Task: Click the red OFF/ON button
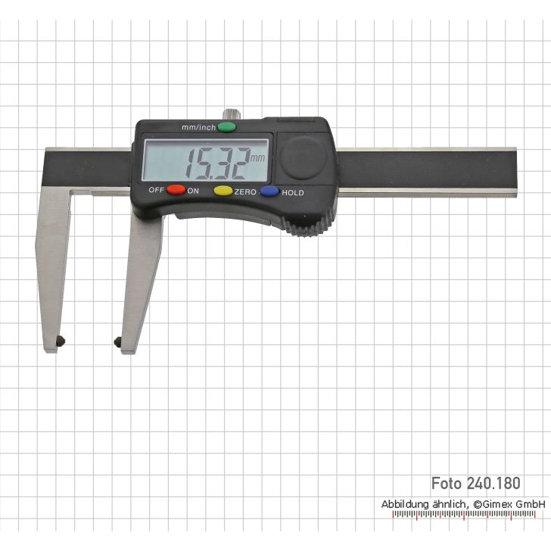tap(176, 190)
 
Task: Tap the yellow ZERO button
tap(223, 191)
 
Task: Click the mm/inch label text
tap(198, 127)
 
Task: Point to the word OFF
tap(157, 190)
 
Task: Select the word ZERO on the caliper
tap(245, 192)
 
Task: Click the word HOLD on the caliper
tap(293, 192)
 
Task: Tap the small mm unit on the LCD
tap(257, 158)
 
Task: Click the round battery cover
tap(304, 158)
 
